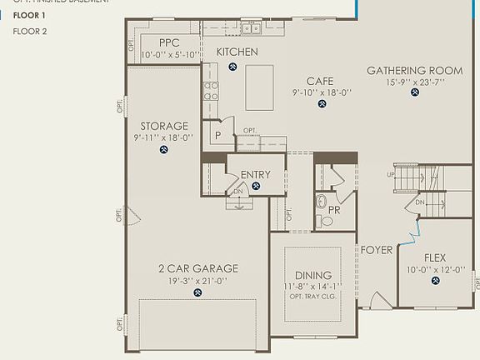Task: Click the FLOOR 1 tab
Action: pos(29,15)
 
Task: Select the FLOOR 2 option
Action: pos(29,31)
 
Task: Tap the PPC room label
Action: pos(169,42)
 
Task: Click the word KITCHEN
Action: pos(237,52)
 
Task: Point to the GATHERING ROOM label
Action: pos(414,71)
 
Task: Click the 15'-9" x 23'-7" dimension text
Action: pos(414,82)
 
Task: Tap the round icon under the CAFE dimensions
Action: pos(320,105)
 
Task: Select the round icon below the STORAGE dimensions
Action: pos(163,151)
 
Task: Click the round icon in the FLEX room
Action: pos(435,282)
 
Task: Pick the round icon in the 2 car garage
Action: pos(198,292)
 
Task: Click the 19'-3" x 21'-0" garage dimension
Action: pos(198,281)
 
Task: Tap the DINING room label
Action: pos(312,275)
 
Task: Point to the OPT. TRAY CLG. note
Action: pos(312,297)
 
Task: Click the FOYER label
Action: pos(376,250)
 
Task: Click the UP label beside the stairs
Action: pos(391,174)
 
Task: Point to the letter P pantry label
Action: pos(217,135)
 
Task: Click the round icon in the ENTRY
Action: pos(256,187)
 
